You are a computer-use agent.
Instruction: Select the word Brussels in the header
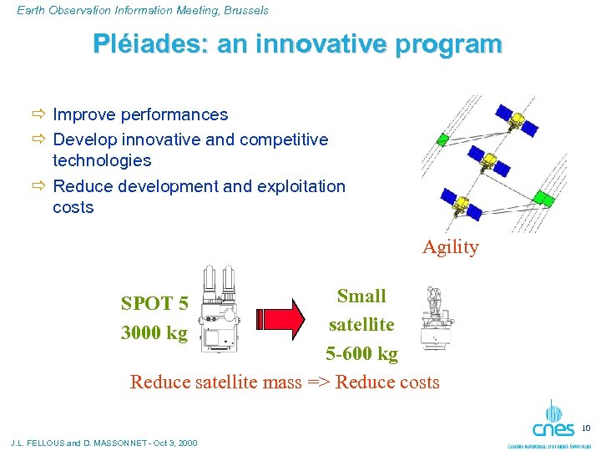point(241,10)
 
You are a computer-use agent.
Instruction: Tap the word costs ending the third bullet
point(73,207)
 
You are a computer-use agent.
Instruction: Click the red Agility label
point(451,247)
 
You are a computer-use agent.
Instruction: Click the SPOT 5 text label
point(154,302)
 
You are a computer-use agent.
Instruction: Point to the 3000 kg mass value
point(154,332)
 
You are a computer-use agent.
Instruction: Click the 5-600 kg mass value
point(361,353)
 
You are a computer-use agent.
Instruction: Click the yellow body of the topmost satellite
point(518,120)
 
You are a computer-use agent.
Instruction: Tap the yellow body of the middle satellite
point(489,158)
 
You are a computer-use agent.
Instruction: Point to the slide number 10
point(586,428)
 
